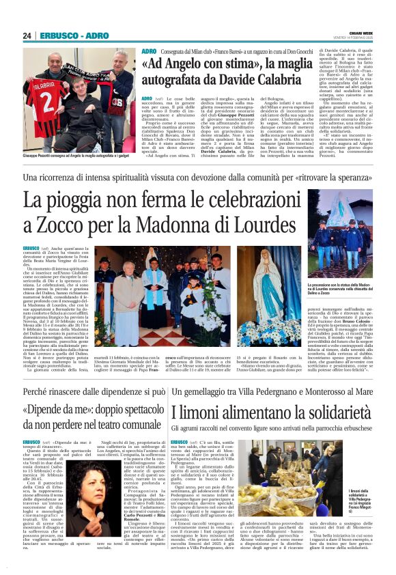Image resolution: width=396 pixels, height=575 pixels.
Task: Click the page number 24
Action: click(x=27, y=36)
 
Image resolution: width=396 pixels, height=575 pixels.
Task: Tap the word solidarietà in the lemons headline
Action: click(x=327, y=412)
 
